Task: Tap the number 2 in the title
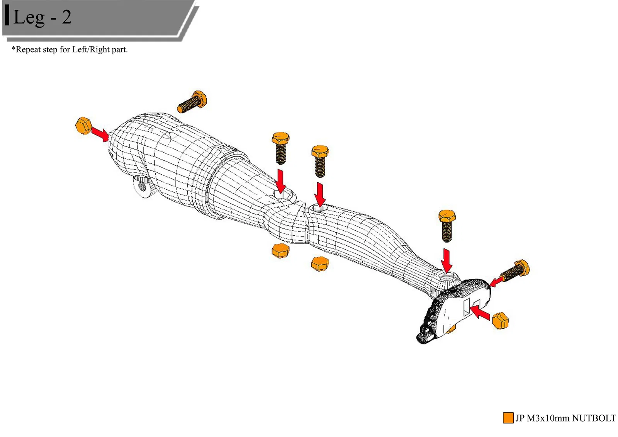point(66,17)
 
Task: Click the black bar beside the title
point(7,15)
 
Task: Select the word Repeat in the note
point(28,49)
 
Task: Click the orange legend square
point(508,418)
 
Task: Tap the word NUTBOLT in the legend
point(594,418)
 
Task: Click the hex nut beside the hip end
point(83,125)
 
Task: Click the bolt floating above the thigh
point(192,102)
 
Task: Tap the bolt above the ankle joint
point(447,225)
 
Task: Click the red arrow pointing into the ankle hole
point(447,260)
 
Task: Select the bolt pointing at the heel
point(515,271)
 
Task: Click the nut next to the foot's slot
point(501,321)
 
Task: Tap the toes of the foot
point(425,328)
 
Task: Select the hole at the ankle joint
point(447,277)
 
